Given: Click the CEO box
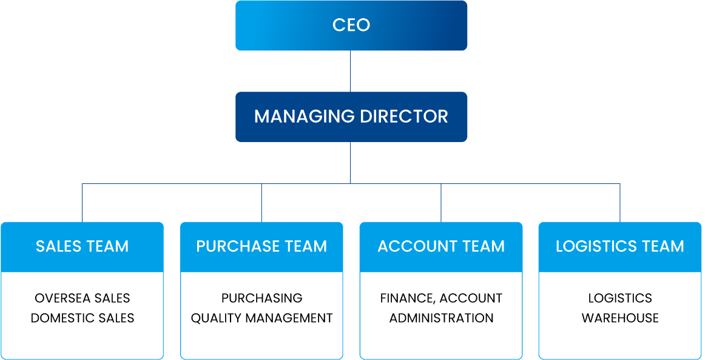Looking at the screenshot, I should point(351,25).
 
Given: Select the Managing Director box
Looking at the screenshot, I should point(351,117).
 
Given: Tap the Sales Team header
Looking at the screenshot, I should point(82,246).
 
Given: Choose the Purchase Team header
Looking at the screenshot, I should point(261,246).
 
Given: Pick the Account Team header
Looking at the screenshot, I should point(441,246).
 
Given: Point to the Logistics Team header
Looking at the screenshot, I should point(620,246).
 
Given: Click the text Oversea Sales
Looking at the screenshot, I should point(83,298).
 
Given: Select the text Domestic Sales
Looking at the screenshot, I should point(83,318).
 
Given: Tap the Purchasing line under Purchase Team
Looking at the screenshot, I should point(261,298).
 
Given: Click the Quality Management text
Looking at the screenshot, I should point(261,318).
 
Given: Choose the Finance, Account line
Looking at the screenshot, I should point(441,298).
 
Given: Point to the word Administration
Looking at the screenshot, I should point(441,318).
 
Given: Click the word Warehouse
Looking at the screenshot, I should point(620,318).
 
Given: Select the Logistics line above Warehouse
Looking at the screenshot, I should point(620,298).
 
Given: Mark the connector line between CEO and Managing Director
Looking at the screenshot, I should point(351,71).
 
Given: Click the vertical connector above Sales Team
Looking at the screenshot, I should point(83,203).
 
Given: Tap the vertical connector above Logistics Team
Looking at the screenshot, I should point(620,203).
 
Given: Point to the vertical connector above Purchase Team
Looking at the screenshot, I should point(261,203).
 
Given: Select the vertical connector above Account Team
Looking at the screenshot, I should point(441,203).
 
